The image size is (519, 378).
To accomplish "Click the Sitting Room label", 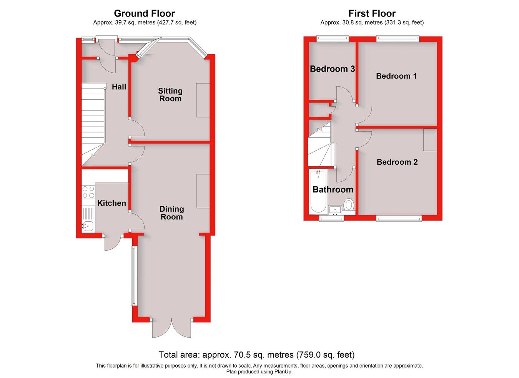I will click(x=170, y=95).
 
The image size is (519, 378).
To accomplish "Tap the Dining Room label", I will click(x=171, y=213).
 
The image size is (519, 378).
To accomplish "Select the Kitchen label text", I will click(x=111, y=203).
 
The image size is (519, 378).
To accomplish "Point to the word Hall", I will click(x=119, y=87).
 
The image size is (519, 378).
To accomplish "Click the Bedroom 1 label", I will click(x=396, y=76).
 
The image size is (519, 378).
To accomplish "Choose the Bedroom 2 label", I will click(x=397, y=162).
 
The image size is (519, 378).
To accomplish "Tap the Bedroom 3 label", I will click(x=332, y=69).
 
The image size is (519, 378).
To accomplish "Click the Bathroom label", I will click(x=333, y=189).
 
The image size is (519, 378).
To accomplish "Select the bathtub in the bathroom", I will click(x=318, y=192).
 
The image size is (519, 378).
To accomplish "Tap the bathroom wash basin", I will click(x=335, y=210).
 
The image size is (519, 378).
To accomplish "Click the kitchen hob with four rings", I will click(x=88, y=192).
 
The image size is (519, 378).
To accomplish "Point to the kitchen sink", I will click(x=88, y=226).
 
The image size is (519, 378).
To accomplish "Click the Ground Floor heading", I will click(x=145, y=14).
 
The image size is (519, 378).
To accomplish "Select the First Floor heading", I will click(x=372, y=14).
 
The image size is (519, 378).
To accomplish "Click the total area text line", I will click(x=256, y=355).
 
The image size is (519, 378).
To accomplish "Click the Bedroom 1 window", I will click(x=398, y=38).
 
